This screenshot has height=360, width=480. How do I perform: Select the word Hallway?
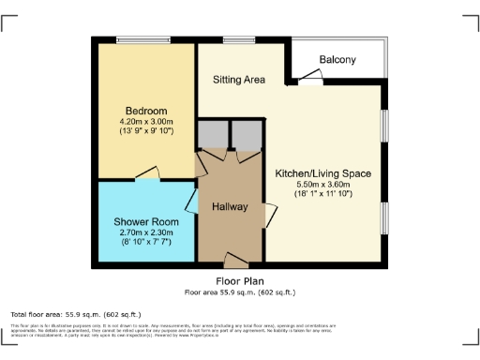230,206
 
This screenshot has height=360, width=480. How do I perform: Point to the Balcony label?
337,60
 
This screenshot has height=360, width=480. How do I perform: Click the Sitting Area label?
239,81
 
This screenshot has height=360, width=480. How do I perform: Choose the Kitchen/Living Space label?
322,173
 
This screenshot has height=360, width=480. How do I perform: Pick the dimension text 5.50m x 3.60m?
322,185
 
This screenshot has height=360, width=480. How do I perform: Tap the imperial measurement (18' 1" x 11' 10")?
322,195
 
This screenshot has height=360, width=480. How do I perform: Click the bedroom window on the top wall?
142,38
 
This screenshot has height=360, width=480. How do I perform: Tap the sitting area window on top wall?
233,38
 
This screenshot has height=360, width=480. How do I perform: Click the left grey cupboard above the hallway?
212,137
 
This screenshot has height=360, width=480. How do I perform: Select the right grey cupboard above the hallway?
246,137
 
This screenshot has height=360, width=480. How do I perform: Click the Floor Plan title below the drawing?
240,280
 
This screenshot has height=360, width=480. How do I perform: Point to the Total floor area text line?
75,313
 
